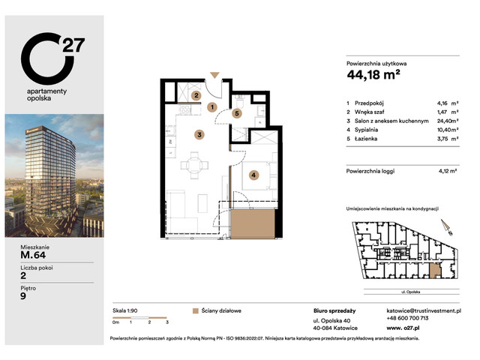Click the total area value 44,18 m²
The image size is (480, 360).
373,73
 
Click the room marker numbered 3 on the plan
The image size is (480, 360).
199,135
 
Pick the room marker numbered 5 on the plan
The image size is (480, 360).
237,114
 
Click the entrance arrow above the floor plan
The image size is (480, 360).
215,75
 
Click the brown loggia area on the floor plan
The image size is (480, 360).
252,223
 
